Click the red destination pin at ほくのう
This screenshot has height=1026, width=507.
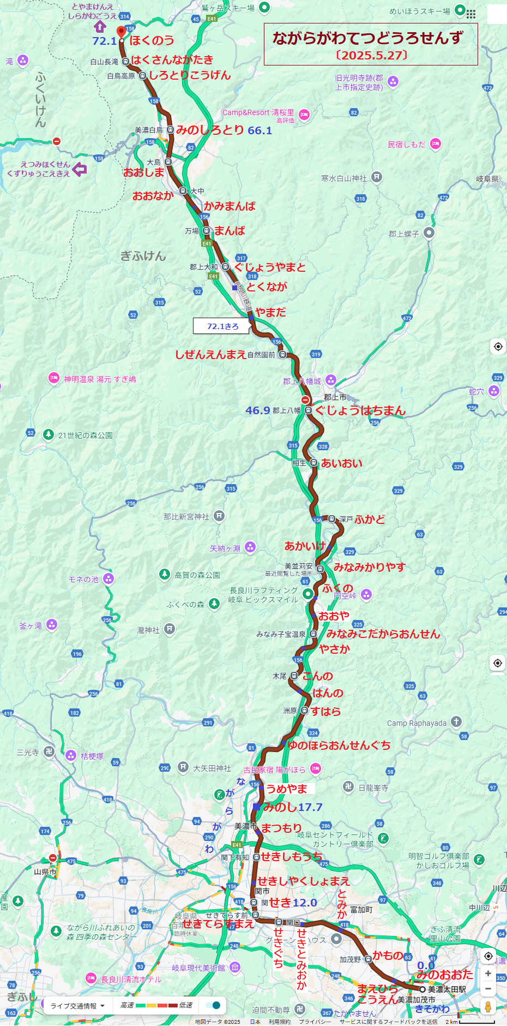121,32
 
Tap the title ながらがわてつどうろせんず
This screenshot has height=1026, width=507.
367,38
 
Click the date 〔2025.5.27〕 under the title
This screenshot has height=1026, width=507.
371,55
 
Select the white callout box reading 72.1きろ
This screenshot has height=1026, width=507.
222,326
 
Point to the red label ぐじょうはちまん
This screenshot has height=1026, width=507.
360,410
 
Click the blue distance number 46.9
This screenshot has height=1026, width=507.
257,410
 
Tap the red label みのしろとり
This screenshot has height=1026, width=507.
210,130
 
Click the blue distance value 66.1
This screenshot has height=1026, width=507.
259,130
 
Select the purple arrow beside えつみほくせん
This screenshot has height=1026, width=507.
80,170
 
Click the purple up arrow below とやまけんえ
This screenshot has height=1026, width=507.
99,26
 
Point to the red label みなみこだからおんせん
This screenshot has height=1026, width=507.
383,634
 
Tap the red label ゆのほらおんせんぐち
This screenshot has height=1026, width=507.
339,745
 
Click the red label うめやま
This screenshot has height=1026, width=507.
287,789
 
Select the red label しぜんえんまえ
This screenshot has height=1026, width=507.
210,354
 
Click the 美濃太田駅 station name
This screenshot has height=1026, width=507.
446,989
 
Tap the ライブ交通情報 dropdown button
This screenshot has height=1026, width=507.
78,1005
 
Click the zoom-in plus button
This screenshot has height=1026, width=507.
488,974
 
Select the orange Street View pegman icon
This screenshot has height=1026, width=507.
488,1006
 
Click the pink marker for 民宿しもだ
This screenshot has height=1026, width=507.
435,144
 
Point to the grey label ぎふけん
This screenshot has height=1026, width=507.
143,255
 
